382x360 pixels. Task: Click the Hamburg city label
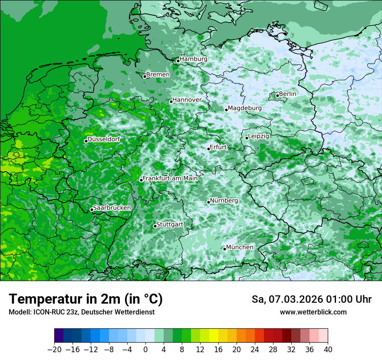click(x=194, y=59)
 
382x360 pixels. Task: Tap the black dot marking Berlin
click(x=277, y=95)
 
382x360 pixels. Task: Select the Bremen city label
click(x=158, y=75)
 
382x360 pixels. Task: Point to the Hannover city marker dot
click(x=171, y=101)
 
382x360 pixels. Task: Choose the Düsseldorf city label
click(x=104, y=139)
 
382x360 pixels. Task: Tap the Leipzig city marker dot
click(x=247, y=138)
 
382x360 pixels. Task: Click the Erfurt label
click(x=218, y=147)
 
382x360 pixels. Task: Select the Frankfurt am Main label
click(x=170, y=178)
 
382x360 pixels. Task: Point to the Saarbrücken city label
click(x=112, y=208)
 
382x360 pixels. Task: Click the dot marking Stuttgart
click(x=155, y=226)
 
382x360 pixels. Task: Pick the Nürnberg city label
click(x=224, y=201)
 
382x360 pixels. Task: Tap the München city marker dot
click(x=224, y=249)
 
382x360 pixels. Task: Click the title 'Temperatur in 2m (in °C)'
click(x=86, y=299)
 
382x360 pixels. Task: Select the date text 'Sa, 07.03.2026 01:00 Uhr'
click(x=311, y=299)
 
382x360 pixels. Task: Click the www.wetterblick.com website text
click(x=313, y=312)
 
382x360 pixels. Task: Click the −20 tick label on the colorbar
click(x=55, y=350)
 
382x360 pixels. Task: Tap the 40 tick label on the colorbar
click(x=328, y=350)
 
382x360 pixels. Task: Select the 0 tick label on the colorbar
click(x=145, y=350)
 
